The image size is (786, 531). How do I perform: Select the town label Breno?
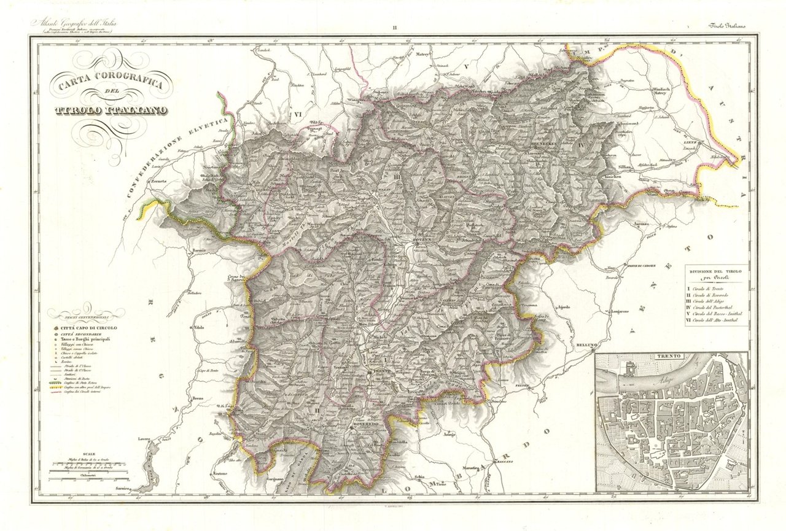[x=206, y=399]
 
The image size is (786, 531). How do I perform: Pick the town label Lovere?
[x=145, y=440]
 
